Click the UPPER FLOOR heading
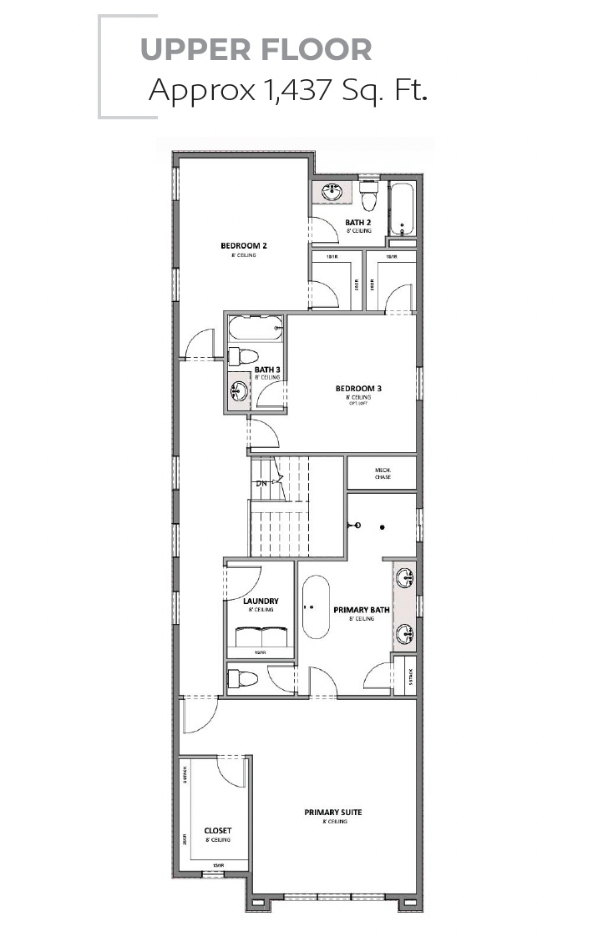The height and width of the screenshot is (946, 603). [x=256, y=50]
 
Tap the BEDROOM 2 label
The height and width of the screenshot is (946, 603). [x=243, y=245]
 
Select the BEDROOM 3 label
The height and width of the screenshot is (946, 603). [x=358, y=388]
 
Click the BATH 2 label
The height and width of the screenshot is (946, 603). [x=357, y=222]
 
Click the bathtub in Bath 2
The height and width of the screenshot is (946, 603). [x=403, y=209]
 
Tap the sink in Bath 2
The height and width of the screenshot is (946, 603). [x=332, y=192]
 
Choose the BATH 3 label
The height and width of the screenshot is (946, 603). [x=266, y=370]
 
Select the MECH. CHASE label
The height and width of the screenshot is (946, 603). [x=382, y=473]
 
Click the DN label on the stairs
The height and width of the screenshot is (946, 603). [x=261, y=483]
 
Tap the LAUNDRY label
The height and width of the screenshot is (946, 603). [x=261, y=601]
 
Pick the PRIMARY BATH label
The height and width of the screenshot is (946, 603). [x=362, y=610]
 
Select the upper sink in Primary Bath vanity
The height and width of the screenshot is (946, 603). [x=406, y=576]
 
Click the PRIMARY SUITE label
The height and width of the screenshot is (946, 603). [x=333, y=812]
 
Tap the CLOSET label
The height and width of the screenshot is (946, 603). [x=217, y=831]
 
